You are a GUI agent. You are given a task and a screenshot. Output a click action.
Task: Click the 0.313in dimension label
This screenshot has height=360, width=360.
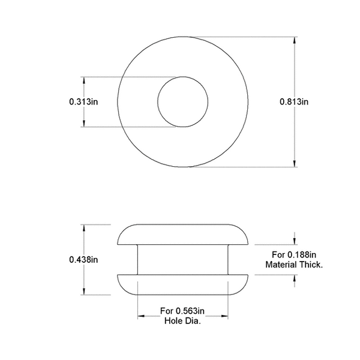[x=83, y=102]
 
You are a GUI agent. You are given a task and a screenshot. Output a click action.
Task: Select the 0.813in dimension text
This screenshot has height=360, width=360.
[x=295, y=102]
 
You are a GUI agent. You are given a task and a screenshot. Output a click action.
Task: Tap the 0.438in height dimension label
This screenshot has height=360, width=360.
[x=83, y=260]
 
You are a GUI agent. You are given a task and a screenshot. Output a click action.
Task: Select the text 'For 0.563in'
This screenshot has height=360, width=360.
[x=182, y=311]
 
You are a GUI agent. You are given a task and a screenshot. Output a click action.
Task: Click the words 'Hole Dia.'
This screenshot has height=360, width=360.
[x=182, y=320]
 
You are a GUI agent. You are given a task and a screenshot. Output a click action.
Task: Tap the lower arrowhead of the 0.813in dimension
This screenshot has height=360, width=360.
[x=295, y=163]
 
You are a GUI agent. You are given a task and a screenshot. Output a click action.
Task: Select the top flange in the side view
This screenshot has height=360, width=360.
[x=182, y=235]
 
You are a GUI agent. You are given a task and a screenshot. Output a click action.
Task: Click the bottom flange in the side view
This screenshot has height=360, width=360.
[x=182, y=284]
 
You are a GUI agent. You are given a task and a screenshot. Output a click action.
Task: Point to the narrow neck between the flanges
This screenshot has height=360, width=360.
[x=182, y=259]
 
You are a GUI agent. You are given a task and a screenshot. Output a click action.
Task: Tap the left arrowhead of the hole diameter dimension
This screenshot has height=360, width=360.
[x=142, y=316]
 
